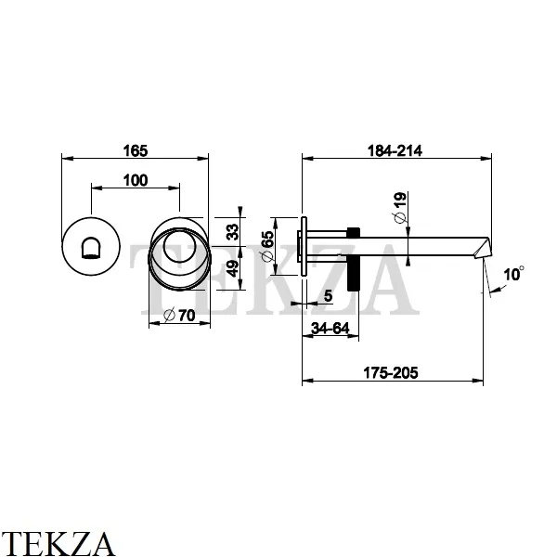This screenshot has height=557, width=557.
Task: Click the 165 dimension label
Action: point(136,149)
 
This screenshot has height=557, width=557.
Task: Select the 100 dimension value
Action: point(135,181)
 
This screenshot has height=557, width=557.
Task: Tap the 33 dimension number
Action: point(234,228)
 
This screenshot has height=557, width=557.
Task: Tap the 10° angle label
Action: point(512,274)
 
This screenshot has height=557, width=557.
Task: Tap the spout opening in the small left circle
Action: point(91,247)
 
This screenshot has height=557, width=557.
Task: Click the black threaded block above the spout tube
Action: point(352,233)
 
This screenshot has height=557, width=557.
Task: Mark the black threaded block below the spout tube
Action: point(352,277)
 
